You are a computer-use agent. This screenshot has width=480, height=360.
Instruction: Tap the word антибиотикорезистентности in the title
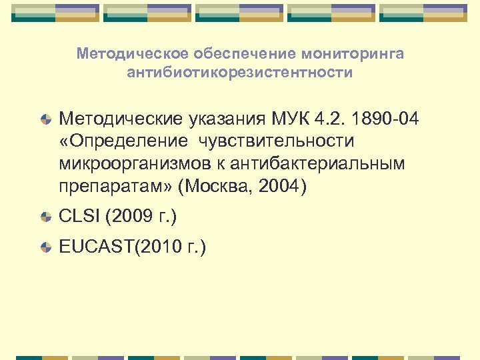(240, 72)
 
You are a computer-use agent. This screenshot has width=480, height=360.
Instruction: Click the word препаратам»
(113, 186)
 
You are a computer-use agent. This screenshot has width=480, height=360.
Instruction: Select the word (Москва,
(215, 186)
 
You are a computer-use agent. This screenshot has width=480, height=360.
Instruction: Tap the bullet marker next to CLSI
(45, 217)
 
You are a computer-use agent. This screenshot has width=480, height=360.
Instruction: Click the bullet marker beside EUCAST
(45, 248)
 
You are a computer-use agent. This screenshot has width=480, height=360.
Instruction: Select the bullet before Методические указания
(45, 120)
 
